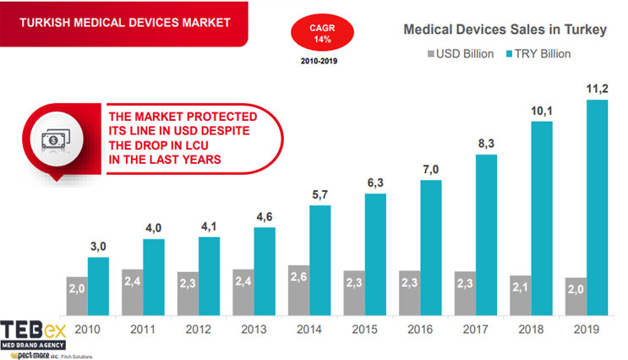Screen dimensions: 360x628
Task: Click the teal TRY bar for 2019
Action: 597,207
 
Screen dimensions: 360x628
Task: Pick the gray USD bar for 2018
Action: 518,294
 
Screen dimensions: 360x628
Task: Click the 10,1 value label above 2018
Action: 541,110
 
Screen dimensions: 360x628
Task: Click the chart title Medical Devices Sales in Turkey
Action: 505,30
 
